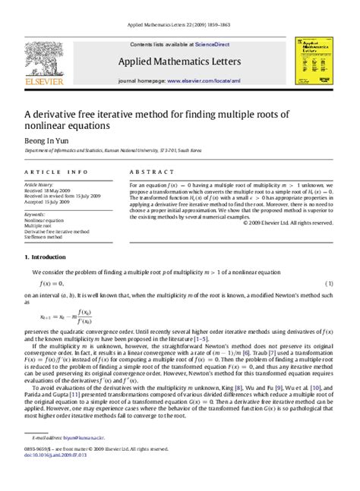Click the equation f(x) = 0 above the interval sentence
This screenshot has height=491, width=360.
(x=47, y=282)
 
